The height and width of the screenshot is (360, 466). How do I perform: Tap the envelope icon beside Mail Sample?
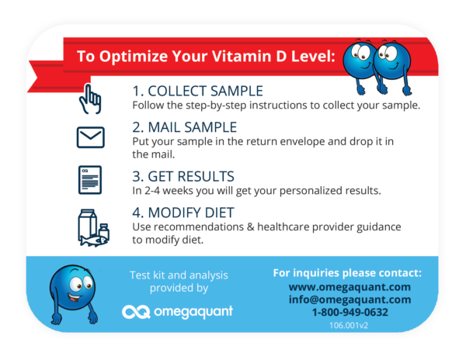point(91,137)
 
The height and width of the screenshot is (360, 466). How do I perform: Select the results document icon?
point(90,180)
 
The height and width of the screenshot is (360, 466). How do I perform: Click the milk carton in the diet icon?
point(87,224)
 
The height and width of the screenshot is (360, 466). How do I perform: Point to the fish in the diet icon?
point(94,241)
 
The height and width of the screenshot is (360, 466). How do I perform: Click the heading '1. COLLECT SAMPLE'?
point(197,91)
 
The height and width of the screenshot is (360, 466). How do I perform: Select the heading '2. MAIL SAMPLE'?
point(185,127)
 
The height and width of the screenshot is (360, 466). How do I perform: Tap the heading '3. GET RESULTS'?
point(183,176)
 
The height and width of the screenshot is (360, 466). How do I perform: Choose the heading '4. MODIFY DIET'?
point(183,213)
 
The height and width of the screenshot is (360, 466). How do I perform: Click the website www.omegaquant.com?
point(349,287)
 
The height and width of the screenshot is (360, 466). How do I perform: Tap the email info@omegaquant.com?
point(349,299)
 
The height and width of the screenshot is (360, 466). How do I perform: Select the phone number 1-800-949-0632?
point(349,312)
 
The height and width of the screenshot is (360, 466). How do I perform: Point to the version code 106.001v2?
point(349,325)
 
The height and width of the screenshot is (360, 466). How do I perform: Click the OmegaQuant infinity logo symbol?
point(136,312)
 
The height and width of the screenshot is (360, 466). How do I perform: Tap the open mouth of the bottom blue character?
point(75,296)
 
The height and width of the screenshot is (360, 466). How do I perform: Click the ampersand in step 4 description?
point(251,227)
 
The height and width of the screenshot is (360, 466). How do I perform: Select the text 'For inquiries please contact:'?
point(347,273)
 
